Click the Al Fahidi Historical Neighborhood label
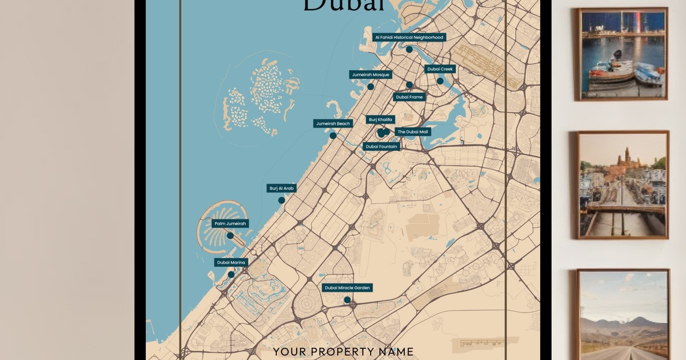click(x=409, y=37)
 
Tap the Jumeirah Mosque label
click(x=370, y=75)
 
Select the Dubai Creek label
click(x=440, y=69)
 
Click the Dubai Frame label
click(x=409, y=97)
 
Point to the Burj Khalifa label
click(x=381, y=119)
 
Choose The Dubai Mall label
click(x=413, y=132)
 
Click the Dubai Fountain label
click(x=381, y=146)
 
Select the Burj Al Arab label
click(x=281, y=188)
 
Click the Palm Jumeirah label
click(x=230, y=223)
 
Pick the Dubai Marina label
click(x=231, y=262)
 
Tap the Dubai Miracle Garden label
click(x=347, y=287)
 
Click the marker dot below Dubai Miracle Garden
click(x=347, y=299)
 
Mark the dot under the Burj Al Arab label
click(x=281, y=200)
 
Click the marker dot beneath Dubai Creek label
click(x=440, y=81)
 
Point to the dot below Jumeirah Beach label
click(x=333, y=135)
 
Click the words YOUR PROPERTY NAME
click(x=343, y=352)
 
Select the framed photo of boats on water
click(x=623, y=54)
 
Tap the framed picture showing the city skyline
click(x=623, y=184)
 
